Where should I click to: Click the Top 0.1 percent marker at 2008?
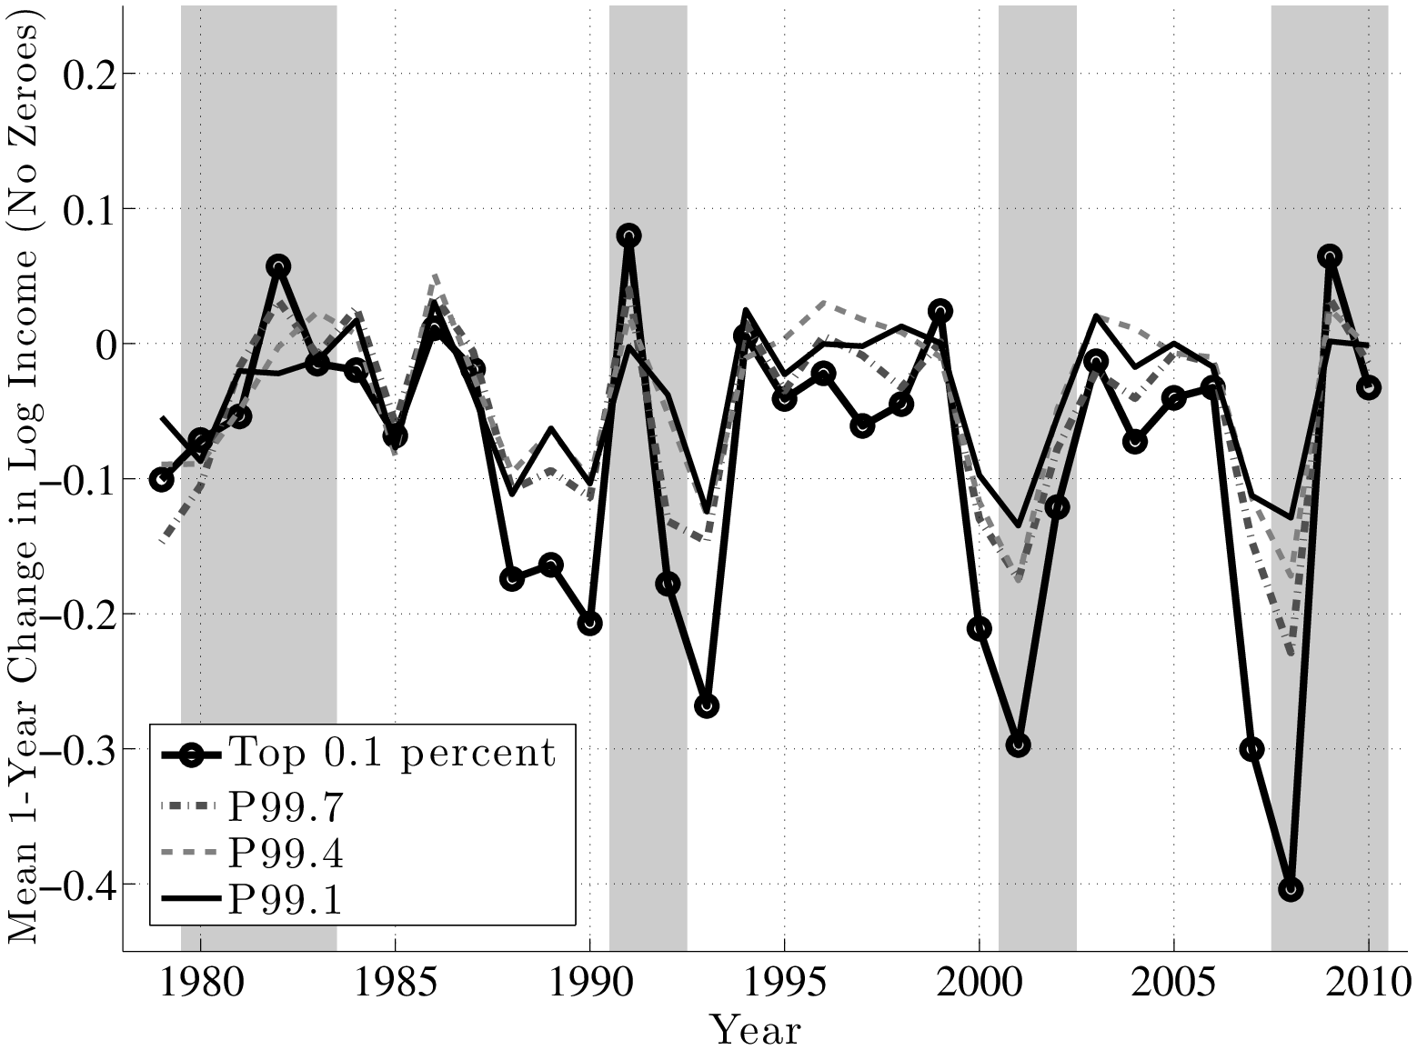pyautogui.click(x=1290, y=889)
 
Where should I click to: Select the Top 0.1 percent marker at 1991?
pyautogui.click(x=628, y=235)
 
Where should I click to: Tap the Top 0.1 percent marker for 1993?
pyautogui.click(x=707, y=705)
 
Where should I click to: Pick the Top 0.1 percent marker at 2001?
pyautogui.click(x=1018, y=745)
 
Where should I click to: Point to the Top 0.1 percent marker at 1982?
pyautogui.click(x=278, y=266)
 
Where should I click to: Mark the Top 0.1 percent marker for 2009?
pyautogui.click(x=1329, y=256)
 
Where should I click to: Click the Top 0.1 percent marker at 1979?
pyautogui.click(x=162, y=479)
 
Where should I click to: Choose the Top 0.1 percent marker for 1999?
pyautogui.click(x=940, y=311)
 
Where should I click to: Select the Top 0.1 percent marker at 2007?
pyautogui.click(x=1251, y=749)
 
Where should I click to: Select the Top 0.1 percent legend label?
pyautogui.click(x=391, y=753)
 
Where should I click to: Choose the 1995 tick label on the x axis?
pyautogui.click(x=783, y=984)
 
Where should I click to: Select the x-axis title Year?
pyautogui.click(x=755, y=1031)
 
